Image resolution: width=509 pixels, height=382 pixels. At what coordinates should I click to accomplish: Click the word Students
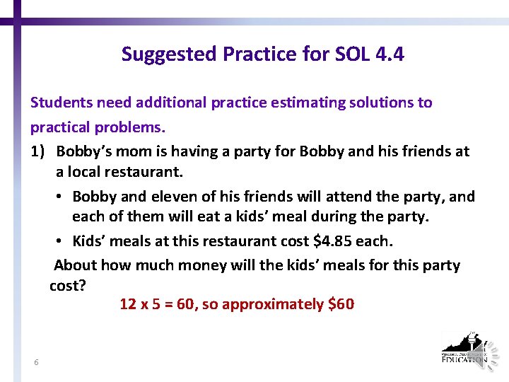[x=62, y=103]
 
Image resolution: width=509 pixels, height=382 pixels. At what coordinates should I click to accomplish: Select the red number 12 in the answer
[x=128, y=304]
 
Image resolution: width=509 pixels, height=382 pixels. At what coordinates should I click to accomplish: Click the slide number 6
[x=36, y=363]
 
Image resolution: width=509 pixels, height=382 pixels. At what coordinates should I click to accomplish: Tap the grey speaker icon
[x=488, y=352]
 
